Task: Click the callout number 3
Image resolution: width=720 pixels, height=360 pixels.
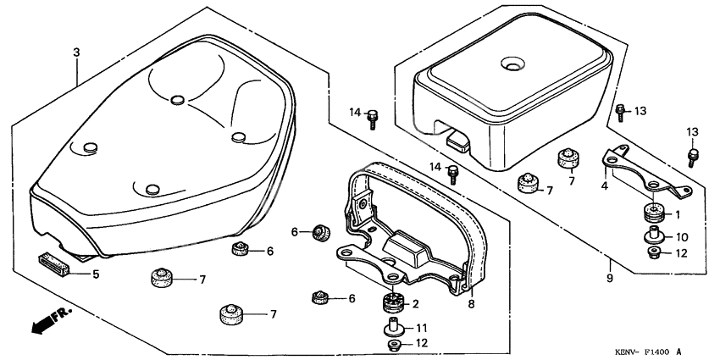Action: [76, 53]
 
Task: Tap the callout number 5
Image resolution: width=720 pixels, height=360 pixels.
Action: [96, 274]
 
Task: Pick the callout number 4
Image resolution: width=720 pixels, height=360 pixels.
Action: [605, 186]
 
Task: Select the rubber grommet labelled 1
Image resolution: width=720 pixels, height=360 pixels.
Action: [652, 212]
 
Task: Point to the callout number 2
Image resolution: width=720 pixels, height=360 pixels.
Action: [416, 304]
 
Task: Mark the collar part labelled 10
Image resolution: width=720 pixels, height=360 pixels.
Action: [653, 235]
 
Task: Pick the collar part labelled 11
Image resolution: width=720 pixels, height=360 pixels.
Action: [392, 325]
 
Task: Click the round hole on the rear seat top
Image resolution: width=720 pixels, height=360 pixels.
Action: [513, 64]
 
